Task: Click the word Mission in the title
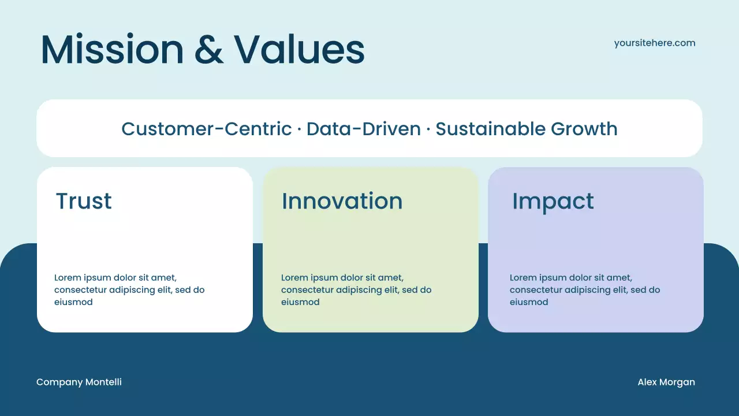click(111, 50)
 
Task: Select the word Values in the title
click(299, 50)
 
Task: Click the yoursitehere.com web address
click(655, 43)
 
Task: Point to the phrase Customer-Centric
click(207, 129)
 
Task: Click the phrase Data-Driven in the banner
click(363, 129)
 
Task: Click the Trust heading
click(84, 201)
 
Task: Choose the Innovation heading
click(342, 201)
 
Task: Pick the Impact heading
click(553, 201)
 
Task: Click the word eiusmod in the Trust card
click(73, 302)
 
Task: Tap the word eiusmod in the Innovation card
click(300, 302)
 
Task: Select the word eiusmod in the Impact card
click(529, 302)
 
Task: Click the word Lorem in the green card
click(294, 278)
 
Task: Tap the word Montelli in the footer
click(103, 382)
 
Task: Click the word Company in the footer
click(59, 382)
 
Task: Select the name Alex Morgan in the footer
click(666, 382)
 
